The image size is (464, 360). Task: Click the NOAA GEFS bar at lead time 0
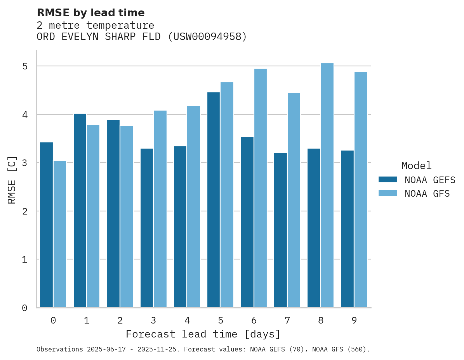(46, 225)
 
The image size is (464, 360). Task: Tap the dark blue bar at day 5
(214, 200)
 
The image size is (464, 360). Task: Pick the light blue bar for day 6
(261, 188)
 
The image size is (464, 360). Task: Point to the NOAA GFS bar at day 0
(60, 234)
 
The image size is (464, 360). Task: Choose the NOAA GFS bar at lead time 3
(160, 209)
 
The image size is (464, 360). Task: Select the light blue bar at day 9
(361, 190)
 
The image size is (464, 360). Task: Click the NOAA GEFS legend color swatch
(388, 180)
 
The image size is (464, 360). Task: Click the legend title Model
(416, 166)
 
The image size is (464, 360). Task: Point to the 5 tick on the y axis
(25, 66)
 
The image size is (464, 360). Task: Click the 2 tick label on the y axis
(25, 211)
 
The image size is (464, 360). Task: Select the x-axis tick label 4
(187, 320)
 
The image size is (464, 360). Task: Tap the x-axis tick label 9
(354, 320)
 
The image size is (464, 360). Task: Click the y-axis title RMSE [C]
(12, 180)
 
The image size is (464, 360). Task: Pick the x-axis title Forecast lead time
(203, 334)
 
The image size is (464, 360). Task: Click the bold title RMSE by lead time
(90, 13)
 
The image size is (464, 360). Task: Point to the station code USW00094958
(207, 37)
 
